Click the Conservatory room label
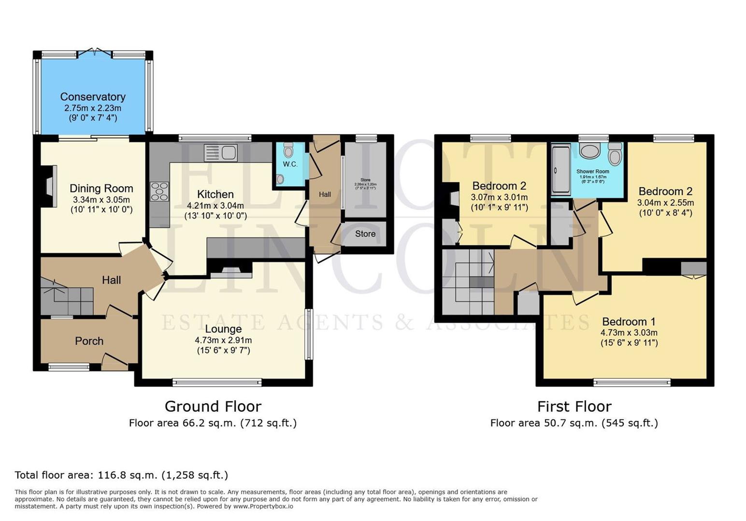point(93,97)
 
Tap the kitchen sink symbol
point(221,153)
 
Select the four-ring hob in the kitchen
point(159,191)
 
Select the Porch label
point(89,341)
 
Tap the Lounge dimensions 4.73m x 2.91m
point(223,340)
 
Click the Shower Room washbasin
point(589,151)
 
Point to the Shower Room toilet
point(615,155)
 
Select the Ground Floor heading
point(213,406)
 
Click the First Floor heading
point(574,406)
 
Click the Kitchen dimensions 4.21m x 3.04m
point(215,206)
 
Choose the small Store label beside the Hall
point(365,233)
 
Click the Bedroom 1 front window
point(632,383)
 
